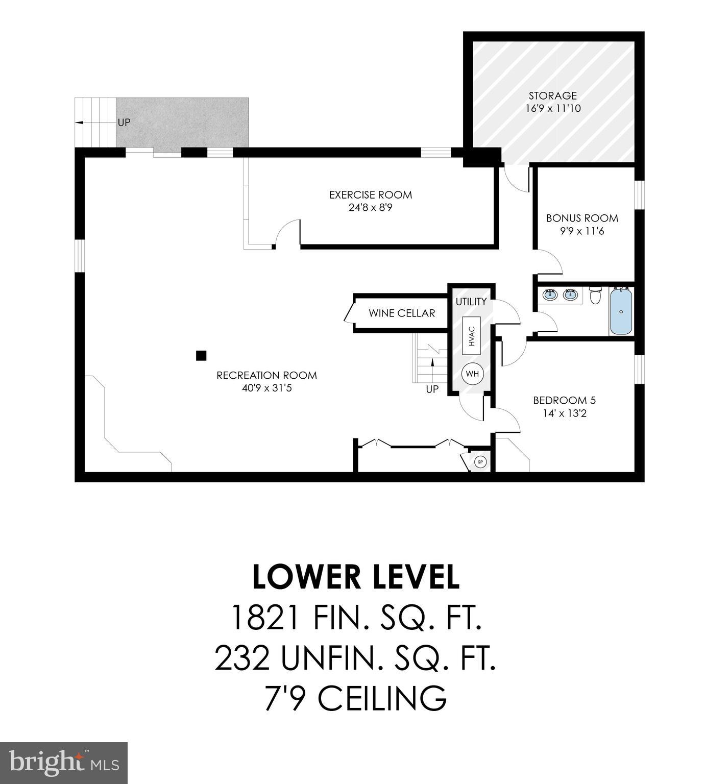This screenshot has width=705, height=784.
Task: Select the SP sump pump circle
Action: [480, 462]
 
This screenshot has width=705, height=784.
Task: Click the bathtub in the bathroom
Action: [621, 311]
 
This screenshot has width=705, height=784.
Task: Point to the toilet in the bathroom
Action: [595, 296]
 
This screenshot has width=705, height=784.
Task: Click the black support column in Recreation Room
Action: [201, 356]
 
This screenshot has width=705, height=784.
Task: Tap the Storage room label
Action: [552, 95]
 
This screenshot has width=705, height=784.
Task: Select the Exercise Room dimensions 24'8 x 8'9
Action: [370, 208]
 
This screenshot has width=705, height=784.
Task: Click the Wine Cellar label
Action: [402, 313]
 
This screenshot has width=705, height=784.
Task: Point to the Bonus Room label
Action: [582, 218]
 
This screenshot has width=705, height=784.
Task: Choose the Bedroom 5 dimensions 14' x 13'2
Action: [565, 413]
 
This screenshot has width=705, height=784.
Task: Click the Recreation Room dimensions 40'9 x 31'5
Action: [266, 388]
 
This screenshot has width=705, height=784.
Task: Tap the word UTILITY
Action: [471, 302]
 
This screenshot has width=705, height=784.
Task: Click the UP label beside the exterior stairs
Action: [124, 122]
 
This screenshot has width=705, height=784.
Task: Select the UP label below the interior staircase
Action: [432, 389]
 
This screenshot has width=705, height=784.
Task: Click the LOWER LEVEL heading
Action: [356, 577]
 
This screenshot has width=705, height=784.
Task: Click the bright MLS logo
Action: [64, 763]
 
